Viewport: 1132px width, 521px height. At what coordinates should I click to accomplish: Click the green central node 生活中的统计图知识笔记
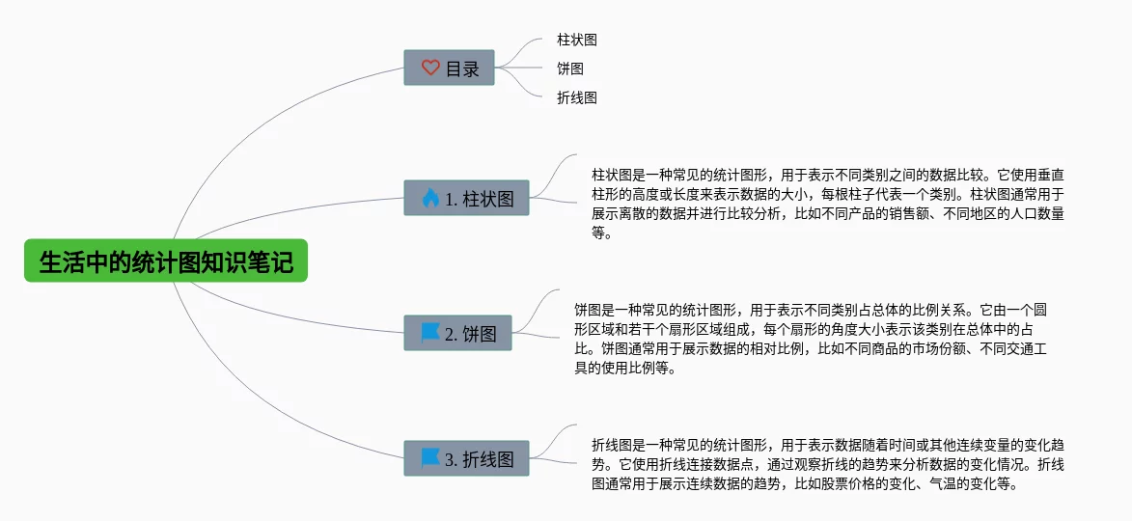(166, 260)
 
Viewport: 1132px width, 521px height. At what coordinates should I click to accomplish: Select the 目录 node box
(449, 69)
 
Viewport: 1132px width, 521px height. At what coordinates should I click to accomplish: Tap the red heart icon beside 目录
(430, 69)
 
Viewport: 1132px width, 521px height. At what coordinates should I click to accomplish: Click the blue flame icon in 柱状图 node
(430, 199)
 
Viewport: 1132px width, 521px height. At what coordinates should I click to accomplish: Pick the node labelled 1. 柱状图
(466, 199)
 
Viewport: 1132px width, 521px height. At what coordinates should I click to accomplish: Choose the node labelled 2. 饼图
(457, 334)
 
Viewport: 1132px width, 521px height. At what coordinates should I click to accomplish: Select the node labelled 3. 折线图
(466, 459)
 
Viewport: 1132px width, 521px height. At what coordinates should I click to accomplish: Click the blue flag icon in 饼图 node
(430, 333)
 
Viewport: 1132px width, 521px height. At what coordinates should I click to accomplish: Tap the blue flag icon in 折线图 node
(430, 458)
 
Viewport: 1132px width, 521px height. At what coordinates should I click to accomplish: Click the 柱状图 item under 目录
(577, 41)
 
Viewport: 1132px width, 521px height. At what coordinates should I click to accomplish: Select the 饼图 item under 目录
(570, 69)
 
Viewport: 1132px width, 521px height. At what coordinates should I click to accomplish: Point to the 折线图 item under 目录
(577, 97)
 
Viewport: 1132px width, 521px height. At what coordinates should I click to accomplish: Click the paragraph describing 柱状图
(828, 204)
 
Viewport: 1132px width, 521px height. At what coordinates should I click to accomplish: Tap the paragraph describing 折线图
(828, 464)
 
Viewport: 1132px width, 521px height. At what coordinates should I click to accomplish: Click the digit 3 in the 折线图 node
(450, 460)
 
